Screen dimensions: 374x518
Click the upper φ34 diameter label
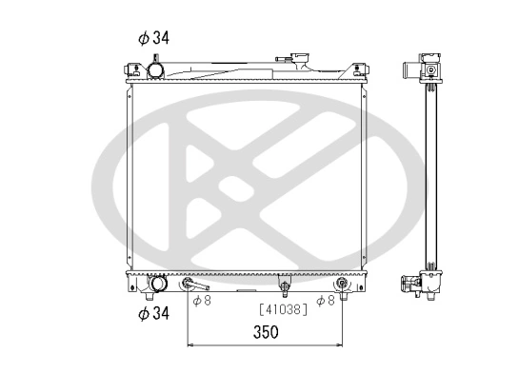click(153, 38)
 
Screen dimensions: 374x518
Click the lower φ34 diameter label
click(153, 313)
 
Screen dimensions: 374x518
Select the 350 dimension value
click(266, 333)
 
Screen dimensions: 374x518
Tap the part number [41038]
click(283, 309)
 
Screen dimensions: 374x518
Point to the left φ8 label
click(201, 302)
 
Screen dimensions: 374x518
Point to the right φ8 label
click(326, 302)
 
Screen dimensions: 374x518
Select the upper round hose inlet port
click(154, 69)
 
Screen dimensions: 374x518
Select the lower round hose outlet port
click(158, 284)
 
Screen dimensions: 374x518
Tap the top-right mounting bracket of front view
click(359, 68)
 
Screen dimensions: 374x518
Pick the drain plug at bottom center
click(283, 285)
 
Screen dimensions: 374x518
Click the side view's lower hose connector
click(412, 282)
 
